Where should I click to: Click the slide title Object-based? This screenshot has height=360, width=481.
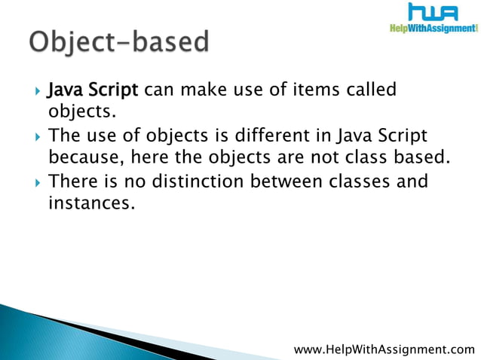click(118, 43)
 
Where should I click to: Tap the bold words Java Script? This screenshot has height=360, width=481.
click(93, 91)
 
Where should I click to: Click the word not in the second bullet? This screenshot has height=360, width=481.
click(315, 157)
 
